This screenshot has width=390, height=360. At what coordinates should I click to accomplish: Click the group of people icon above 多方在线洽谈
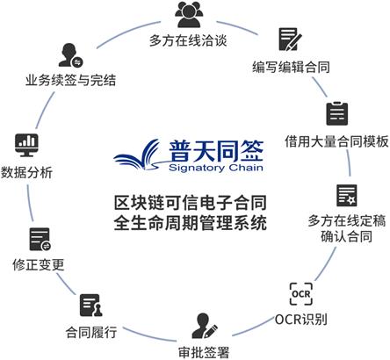(x=189, y=14)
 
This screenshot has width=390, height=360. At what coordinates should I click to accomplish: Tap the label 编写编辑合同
(x=291, y=67)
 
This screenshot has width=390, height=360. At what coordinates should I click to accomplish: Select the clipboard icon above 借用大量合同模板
(x=337, y=113)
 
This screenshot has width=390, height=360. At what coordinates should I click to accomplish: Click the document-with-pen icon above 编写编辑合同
(x=290, y=40)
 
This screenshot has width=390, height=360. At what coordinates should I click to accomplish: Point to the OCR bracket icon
(x=301, y=293)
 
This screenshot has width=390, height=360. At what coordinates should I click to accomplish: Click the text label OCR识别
(x=301, y=320)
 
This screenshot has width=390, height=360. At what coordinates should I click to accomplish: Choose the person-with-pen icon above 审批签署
(x=205, y=326)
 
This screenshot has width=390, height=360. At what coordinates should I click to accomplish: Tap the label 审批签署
(x=204, y=352)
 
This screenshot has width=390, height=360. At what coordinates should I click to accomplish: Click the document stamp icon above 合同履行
(x=91, y=306)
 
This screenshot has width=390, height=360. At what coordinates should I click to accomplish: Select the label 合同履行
(x=91, y=333)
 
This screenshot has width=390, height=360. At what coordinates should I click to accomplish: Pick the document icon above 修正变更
(x=40, y=240)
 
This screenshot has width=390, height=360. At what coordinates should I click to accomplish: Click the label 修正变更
(x=39, y=265)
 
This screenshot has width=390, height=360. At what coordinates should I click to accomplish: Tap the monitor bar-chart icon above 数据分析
(x=26, y=146)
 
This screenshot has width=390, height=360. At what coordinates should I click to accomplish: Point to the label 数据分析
(x=26, y=172)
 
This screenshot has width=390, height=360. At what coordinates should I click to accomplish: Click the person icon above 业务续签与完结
(x=70, y=55)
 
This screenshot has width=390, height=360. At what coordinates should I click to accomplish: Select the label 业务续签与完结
(x=70, y=80)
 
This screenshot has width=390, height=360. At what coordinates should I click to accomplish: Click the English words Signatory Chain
(x=216, y=168)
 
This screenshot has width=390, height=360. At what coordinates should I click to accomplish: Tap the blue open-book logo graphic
(x=137, y=155)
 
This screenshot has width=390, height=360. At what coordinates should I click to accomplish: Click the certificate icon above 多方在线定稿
(x=347, y=196)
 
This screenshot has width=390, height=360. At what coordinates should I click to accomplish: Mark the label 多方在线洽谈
(x=188, y=40)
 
